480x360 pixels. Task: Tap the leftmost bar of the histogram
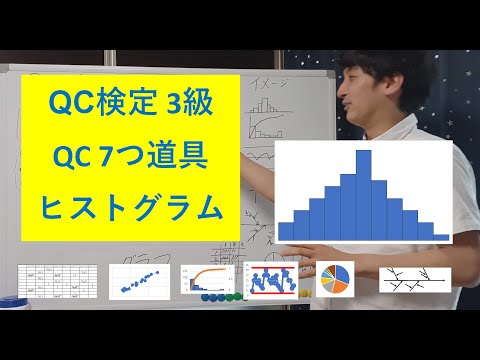tap(286, 229)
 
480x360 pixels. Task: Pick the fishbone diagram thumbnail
tap(411, 280)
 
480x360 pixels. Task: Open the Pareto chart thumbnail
tap(207, 281)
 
